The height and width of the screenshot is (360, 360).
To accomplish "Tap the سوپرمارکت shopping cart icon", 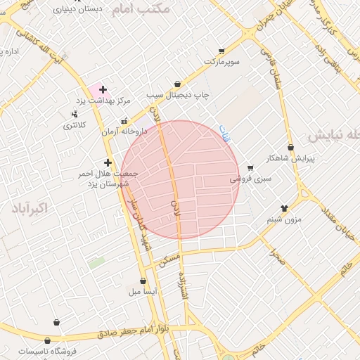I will [x=221, y=51].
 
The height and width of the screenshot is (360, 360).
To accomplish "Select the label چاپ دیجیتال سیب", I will [x=179, y=94].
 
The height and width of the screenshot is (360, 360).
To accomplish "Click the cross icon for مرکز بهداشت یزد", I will [x=103, y=89].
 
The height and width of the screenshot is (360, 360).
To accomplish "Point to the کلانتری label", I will [x=75, y=125].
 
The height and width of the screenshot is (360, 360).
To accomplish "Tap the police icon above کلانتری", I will [x=75, y=114].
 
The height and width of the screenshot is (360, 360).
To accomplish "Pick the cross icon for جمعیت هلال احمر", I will [x=108, y=162].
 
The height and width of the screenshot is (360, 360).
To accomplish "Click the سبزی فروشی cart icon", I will [x=250, y=168].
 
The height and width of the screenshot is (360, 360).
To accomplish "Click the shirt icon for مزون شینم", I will [x=285, y=207].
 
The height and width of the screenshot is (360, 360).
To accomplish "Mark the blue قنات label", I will [x=225, y=134].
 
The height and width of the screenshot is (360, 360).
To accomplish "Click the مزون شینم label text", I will [x=284, y=220].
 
